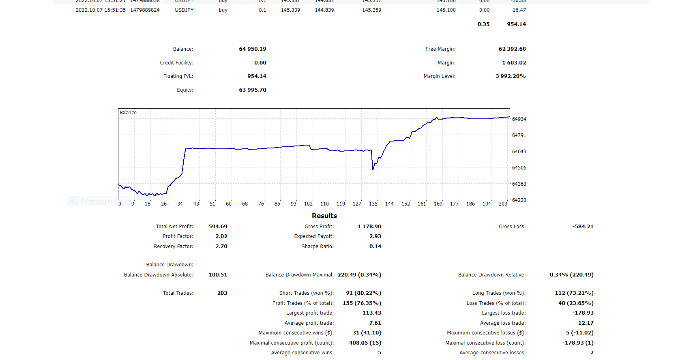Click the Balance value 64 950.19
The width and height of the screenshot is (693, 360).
point(252,49)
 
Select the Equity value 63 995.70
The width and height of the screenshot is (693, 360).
point(252,90)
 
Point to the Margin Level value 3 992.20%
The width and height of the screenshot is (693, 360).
point(510,76)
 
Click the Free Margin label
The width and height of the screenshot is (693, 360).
point(440,49)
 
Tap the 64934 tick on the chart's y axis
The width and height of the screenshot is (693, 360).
point(519,119)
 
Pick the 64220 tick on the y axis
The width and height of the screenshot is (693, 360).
point(519,200)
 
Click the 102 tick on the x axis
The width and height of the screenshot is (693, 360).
point(308,204)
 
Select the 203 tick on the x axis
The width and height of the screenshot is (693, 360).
point(503,204)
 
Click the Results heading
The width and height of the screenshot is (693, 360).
point(324,216)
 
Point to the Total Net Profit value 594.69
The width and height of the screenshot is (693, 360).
point(218,227)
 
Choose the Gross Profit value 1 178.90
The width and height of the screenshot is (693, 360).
point(369,227)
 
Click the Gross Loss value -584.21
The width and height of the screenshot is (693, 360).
point(583,227)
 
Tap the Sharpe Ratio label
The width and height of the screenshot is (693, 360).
point(318,246)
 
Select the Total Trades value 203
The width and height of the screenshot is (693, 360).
point(222,293)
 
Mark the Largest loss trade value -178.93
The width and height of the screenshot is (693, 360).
point(583,313)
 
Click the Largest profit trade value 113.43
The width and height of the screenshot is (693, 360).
point(371,313)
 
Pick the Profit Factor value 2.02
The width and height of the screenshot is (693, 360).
point(221,236)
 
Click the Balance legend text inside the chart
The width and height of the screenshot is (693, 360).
point(128,113)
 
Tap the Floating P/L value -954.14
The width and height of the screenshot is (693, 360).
point(255,76)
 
